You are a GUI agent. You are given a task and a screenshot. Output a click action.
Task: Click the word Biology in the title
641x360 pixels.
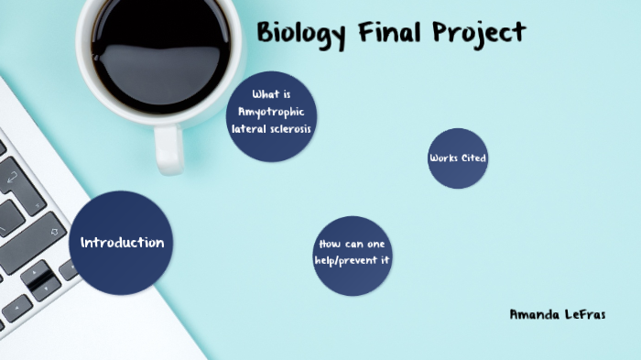coord(301,33)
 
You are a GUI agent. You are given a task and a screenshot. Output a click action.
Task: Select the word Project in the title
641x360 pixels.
coord(479,33)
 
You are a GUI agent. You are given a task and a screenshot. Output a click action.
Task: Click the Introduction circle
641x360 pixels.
coord(121,243)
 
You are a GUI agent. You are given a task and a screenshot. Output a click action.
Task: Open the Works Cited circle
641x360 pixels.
coord(457,158)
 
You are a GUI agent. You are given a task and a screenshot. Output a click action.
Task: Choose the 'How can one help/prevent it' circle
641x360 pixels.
coord(353,256)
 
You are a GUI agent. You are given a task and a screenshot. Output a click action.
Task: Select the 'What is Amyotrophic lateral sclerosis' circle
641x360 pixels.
coord(271,116)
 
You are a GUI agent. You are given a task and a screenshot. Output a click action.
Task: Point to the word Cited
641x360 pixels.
coord(473,158)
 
